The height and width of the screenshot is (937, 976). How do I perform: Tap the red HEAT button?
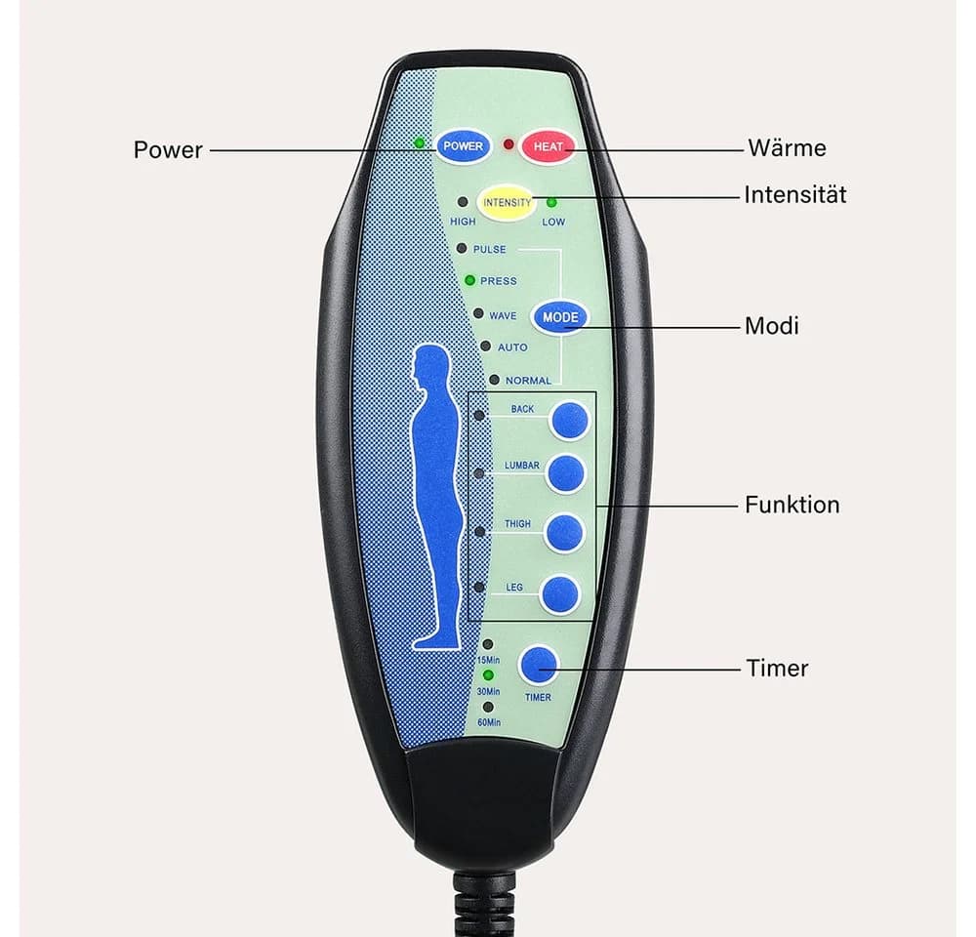[548, 146]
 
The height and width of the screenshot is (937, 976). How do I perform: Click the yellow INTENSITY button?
[507, 203]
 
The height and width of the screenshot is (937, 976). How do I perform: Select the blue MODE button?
[560, 317]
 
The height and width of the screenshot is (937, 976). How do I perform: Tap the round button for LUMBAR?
[566, 473]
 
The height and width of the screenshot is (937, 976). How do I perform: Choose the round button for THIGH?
[564, 533]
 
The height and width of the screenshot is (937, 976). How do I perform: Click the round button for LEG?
[560, 593]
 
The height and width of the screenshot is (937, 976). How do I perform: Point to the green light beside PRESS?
[470, 281]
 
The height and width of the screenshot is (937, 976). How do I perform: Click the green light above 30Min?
[489, 674]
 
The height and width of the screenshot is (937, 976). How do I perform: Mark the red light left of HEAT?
[508, 144]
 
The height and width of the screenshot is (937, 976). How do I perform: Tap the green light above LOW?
[551, 202]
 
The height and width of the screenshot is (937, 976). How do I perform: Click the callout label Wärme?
[787, 148]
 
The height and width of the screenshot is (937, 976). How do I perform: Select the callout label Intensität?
[794, 195]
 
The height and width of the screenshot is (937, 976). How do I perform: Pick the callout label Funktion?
[792, 505]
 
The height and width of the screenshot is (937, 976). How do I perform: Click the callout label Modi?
[771, 326]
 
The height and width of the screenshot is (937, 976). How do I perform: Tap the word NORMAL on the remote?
[528, 381]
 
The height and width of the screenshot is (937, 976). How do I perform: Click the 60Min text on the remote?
[489, 723]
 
